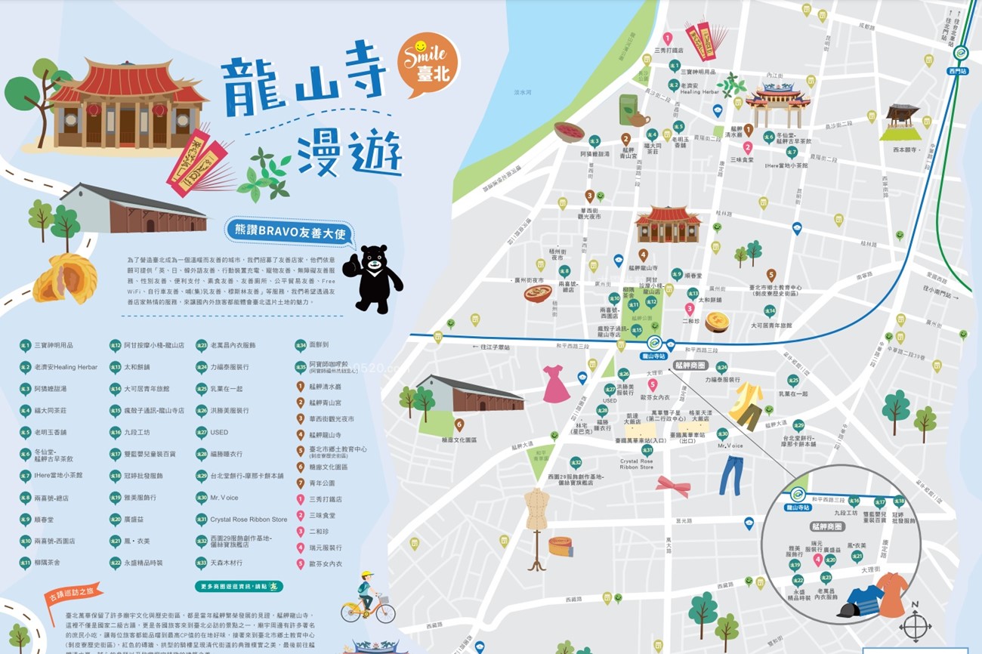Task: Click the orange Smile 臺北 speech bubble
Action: tap(428, 63)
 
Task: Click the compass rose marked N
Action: tap(915, 625)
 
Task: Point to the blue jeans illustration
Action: tap(730, 475)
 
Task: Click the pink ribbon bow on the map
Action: tap(672, 486)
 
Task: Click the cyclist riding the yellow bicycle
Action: tap(368, 597)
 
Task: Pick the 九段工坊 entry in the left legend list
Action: tap(137, 432)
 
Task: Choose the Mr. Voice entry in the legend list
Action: tap(224, 498)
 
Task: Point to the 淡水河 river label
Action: tap(523, 92)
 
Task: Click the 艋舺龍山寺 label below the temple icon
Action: tap(644, 267)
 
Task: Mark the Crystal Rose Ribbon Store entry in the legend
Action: tap(249, 520)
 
